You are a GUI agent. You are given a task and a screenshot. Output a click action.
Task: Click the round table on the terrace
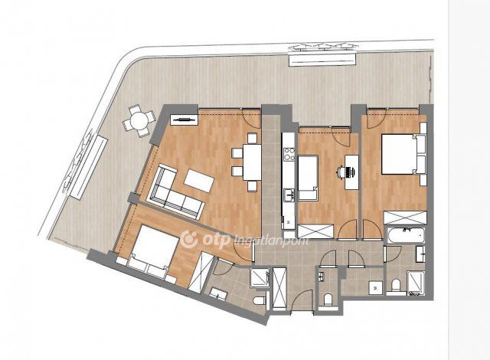139,120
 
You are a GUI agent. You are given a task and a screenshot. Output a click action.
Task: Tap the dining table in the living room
252,162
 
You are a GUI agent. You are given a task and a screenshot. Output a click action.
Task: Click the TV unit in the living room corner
185,119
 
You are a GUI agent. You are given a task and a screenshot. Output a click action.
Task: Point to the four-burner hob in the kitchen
289,154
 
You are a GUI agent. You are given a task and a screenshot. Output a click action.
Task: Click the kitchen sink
289,195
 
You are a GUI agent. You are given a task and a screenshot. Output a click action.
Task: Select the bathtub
406,236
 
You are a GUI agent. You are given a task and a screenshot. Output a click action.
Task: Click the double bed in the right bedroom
403,155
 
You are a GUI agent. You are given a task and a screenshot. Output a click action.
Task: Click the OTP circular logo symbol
189,240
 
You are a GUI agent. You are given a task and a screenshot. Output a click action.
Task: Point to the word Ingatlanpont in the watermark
271,241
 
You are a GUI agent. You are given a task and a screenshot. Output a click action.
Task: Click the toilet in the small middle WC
328,299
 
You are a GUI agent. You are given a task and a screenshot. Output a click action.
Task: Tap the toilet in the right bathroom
396,285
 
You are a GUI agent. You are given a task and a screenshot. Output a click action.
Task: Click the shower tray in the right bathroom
416,283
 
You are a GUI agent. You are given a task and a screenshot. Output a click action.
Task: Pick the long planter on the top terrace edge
323,59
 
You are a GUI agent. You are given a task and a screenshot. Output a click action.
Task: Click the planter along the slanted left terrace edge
87,167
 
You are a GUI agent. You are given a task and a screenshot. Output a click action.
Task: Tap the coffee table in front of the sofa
199,180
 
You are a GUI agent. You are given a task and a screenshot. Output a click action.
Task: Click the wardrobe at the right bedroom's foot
405,218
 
